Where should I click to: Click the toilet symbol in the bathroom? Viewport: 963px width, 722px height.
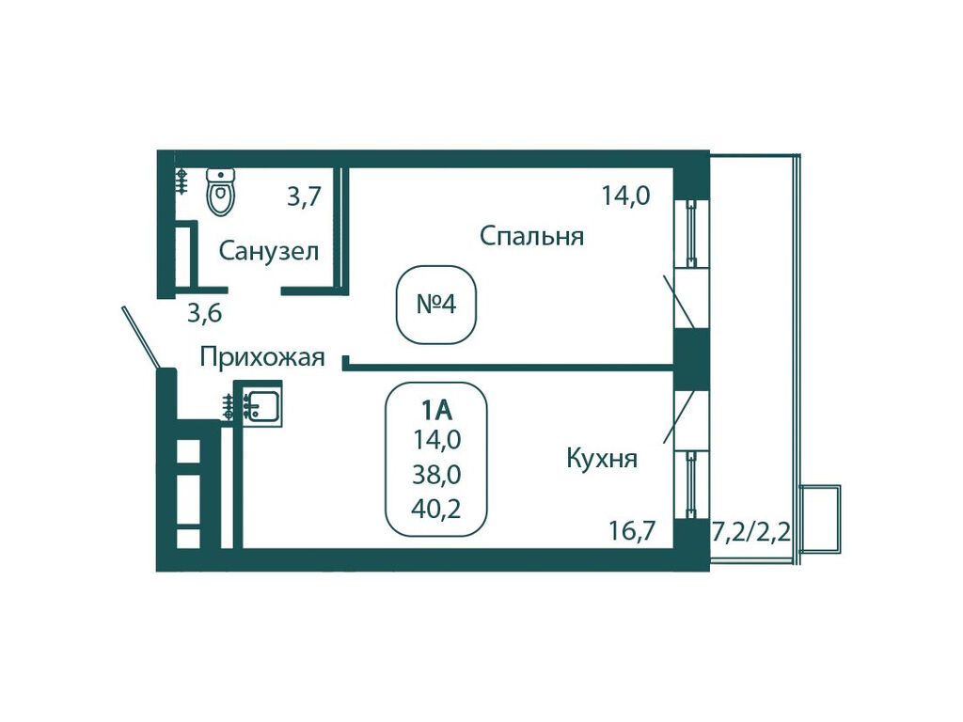tap(221, 192)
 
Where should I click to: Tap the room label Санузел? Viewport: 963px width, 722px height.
tap(268, 251)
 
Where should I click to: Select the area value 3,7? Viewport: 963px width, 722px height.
tap(304, 197)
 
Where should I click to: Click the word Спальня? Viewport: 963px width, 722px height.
tap(531, 236)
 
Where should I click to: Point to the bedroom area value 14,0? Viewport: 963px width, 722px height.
tap(625, 196)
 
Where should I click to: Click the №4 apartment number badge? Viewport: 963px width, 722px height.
tap(436, 305)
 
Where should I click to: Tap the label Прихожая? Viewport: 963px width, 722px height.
tap(262, 356)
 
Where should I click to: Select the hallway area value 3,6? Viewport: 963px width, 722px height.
tap(204, 314)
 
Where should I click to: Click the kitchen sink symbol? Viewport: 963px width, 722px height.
tap(262, 403)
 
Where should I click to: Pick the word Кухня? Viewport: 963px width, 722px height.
tap(601, 459)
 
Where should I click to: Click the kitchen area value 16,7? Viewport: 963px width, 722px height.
tap(632, 530)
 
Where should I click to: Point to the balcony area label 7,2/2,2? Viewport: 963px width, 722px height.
tap(750, 530)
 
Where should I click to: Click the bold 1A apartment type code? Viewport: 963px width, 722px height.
tap(436, 410)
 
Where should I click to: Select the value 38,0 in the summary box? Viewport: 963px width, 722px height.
tap(436, 475)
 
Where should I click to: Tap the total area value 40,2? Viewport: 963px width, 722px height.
tap(436, 509)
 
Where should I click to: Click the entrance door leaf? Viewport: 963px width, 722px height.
tap(142, 338)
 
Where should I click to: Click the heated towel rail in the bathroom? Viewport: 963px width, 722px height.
tap(182, 181)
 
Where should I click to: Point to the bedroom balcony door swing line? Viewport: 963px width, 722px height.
tap(679, 302)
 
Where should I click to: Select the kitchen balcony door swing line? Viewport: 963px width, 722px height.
tap(680, 416)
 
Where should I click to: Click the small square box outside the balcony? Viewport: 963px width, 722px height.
tap(820, 519)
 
